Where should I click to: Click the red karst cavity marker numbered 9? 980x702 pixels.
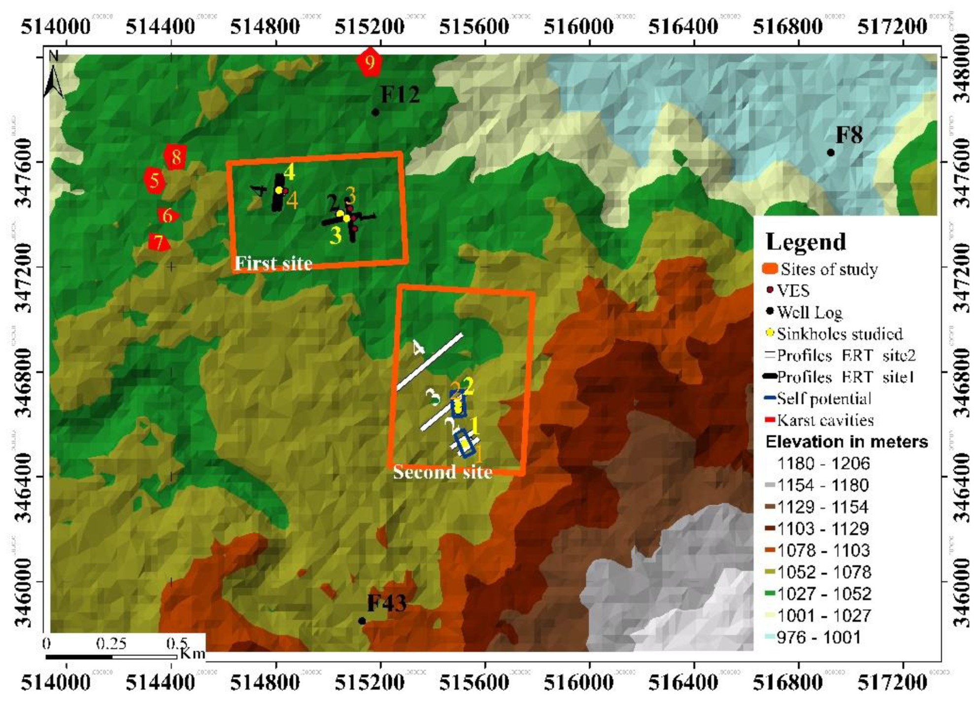pos(369,62)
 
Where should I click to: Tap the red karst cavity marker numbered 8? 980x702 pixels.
pos(175,157)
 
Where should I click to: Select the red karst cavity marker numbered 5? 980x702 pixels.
pos(154,180)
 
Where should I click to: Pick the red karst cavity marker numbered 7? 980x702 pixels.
pos(159,242)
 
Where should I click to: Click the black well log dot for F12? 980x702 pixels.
pos(375,112)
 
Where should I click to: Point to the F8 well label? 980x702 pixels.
pos(849,135)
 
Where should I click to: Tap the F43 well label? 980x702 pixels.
pos(387,603)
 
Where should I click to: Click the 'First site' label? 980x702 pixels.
pos(273,263)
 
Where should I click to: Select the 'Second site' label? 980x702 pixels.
pos(442,472)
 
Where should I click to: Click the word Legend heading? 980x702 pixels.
pos(806,242)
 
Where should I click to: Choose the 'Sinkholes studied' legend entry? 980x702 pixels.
pos(840,334)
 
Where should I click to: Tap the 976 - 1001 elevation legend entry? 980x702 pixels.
pos(818,637)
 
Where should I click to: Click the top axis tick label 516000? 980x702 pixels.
pos(578,26)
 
